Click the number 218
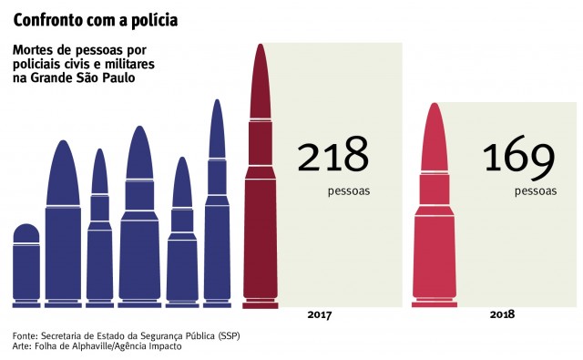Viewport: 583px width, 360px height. [332, 158]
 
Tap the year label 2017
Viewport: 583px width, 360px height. [320, 314]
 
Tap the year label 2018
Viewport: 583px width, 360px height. [502, 314]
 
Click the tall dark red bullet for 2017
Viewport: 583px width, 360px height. [261, 201]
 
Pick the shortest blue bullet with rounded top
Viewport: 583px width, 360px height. [26, 264]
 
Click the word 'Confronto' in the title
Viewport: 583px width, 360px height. [47, 19]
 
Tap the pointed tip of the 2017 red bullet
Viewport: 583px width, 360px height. [261, 47]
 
